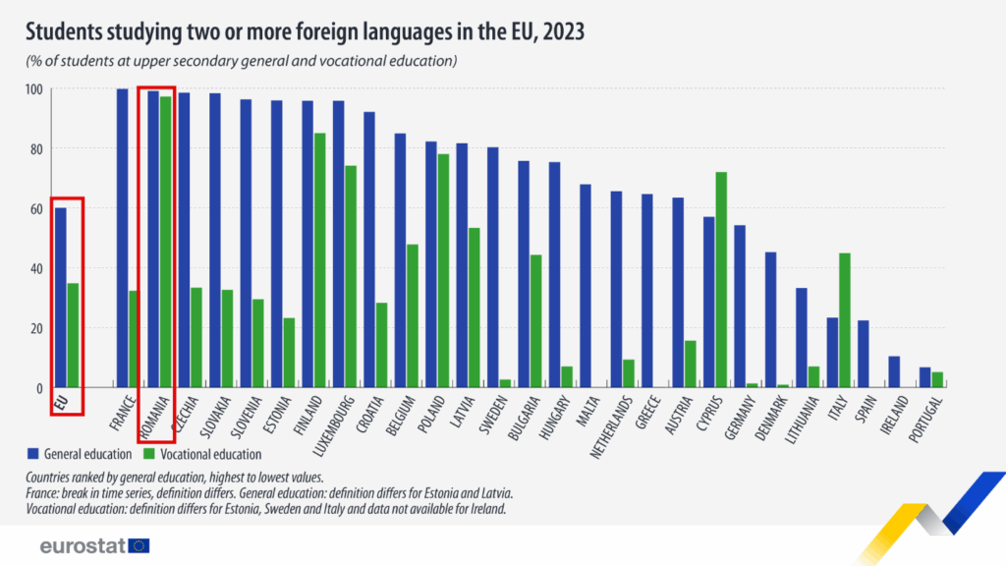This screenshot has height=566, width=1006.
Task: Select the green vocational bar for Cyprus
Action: [721, 279]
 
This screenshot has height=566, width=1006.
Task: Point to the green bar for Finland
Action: [320, 260]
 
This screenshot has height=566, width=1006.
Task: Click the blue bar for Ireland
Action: [894, 371]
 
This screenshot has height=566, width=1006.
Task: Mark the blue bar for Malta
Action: [586, 286]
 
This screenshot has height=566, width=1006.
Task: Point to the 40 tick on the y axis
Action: [36, 268]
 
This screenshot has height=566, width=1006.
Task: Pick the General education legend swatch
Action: [34, 454]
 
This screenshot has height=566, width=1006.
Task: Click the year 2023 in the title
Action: [562, 32]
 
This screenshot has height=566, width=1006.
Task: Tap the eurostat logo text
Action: [81, 545]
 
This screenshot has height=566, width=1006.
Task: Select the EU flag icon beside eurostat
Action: [140, 545]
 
